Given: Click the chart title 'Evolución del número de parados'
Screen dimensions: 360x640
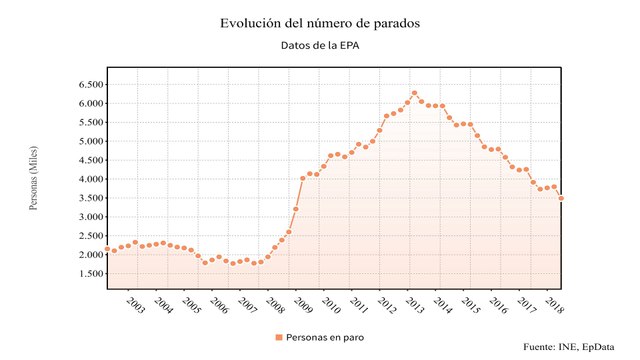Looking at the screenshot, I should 319,21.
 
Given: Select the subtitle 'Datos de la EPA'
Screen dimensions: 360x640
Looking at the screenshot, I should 319,45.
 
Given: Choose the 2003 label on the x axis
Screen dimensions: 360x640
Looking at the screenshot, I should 135,304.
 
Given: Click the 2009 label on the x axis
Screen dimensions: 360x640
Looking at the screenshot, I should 303,304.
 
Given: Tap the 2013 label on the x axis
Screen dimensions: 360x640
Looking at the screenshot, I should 415,304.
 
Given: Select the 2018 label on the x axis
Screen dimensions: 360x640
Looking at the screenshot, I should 555,304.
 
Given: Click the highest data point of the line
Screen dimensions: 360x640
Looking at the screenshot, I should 414,93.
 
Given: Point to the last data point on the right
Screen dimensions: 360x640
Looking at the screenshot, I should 561,198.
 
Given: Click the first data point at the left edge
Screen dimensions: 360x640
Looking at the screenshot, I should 107,249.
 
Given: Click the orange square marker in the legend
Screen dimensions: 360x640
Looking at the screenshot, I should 279,338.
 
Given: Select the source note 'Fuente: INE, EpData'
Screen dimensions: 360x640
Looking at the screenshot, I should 576,347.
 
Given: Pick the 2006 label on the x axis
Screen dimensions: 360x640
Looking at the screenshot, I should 219,304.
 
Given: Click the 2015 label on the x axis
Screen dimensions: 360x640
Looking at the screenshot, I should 471,304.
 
